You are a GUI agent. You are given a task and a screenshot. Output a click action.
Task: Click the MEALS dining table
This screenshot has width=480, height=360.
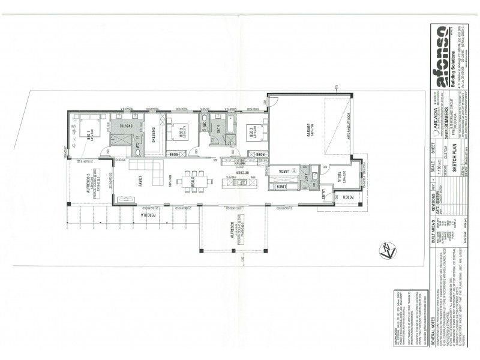193,179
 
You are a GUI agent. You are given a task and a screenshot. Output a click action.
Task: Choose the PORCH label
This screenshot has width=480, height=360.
347,196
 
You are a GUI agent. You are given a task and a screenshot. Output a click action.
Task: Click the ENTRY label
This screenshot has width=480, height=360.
324,193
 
